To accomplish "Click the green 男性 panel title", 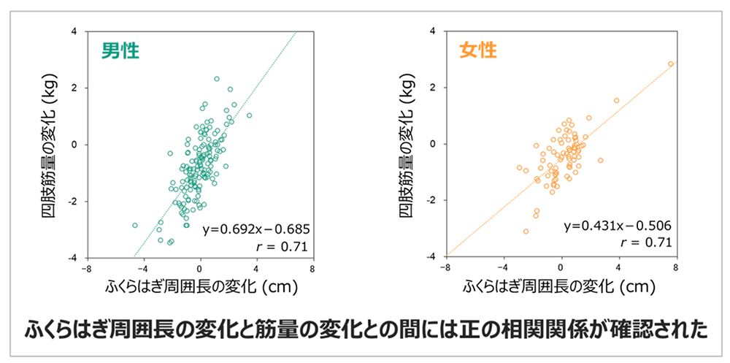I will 120,51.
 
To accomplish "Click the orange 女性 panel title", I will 478,51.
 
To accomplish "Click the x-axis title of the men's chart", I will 200,286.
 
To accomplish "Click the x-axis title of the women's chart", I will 561,286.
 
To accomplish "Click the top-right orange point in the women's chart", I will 670,64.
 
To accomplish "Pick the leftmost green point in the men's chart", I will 135,226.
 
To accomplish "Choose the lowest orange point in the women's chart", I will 526,232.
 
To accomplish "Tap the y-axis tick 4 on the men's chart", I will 74,31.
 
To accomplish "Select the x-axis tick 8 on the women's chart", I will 675,267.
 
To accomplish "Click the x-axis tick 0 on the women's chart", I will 561,267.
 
